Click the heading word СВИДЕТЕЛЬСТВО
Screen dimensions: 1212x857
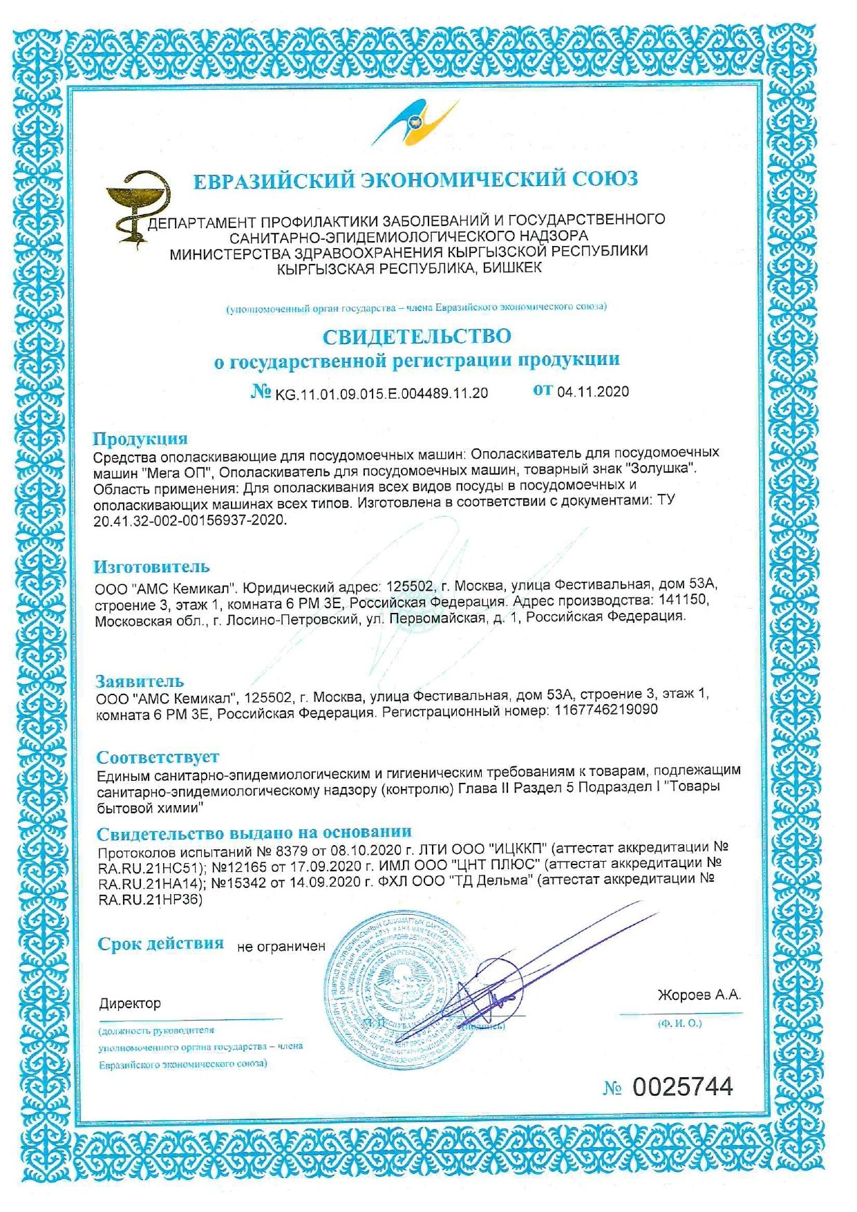pyautogui.click(x=417, y=337)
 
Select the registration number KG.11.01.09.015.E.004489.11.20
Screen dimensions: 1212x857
pyautogui.click(x=382, y=393)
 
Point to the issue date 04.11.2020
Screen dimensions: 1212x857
pyautogui.click(x=593, y=392)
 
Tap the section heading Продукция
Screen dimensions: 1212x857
pyautogui.click(x=140, y=439)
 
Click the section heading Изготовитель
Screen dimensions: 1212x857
pyautogui.click(x=151, y=567)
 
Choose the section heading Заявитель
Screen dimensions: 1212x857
pyautogui.click(x=140, y=681)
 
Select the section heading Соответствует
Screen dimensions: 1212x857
pyautogui.click(x=158, y=757)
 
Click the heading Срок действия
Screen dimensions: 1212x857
pyautogui.click(x=160, y=943)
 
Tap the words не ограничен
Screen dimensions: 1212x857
pyautogui.click(x=281, y=947)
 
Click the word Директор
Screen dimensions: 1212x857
pyautogui.click(x=130, y=1003)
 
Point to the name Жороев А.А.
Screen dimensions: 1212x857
pyautogui.click(x=699, y=995)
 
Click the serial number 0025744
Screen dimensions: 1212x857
pyautogui.click(x=683, y=1087)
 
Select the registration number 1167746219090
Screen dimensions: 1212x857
pyautogui.click(x=605, y=710)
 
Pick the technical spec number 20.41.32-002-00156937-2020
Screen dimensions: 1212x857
pyautogui.click(x=189, y=520)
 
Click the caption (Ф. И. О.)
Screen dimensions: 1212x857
pyautogui.click(x=680, y=1023)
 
